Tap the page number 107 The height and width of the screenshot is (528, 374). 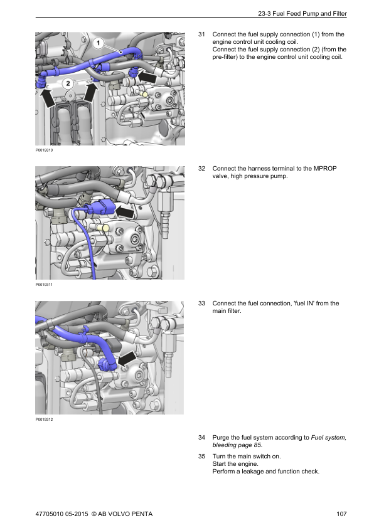(x=341, y=515)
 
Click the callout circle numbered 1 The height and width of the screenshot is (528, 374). (x=99, y=43)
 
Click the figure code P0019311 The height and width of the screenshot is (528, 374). (x=45, y=285)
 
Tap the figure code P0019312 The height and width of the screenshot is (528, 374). (x=45, y=420)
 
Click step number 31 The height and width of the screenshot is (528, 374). (x=201, y=34)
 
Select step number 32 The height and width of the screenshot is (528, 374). (x=201, y=169)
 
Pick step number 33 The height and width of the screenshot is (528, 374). (x=201, y=304)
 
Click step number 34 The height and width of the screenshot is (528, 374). (x=201, y=437)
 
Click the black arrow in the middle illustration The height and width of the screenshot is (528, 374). (x=127, y=213)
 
